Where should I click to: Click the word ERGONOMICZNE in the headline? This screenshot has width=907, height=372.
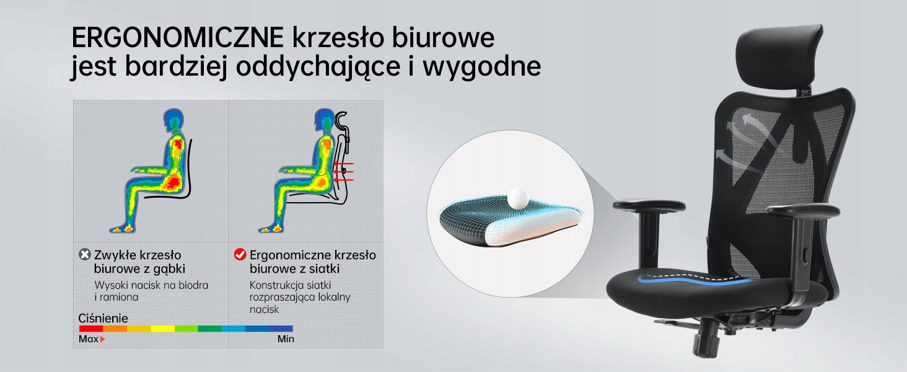(177, 38)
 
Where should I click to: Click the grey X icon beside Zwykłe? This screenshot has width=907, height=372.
(85, 254)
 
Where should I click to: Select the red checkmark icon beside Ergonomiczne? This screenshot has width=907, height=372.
(240, 254)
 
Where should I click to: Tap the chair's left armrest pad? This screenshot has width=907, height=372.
(649, 205)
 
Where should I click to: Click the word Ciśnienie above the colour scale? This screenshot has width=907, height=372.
(103, 318)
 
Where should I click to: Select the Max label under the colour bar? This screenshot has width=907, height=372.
(88, 339)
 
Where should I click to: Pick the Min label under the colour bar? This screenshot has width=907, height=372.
(286, 339)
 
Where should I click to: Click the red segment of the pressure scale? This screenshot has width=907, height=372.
(90, 329)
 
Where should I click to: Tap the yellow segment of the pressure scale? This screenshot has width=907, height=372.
(162, 329)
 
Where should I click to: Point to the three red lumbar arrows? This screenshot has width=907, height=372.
(344, 172)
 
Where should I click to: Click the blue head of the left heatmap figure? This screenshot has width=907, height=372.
(173, 119)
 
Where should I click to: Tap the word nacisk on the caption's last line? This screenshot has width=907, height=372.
(264, 309)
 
